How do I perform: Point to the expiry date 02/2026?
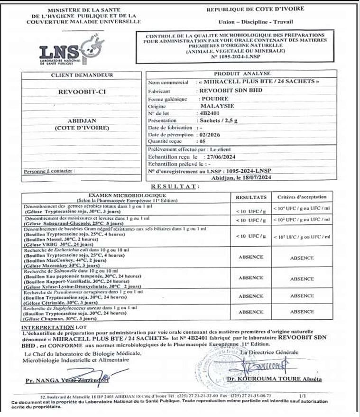point(210,134)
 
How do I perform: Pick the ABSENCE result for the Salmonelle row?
point(251,278)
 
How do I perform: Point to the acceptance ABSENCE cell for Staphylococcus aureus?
point(302,312)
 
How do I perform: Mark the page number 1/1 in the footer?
point(303,395)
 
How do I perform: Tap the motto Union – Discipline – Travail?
point(255,22)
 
